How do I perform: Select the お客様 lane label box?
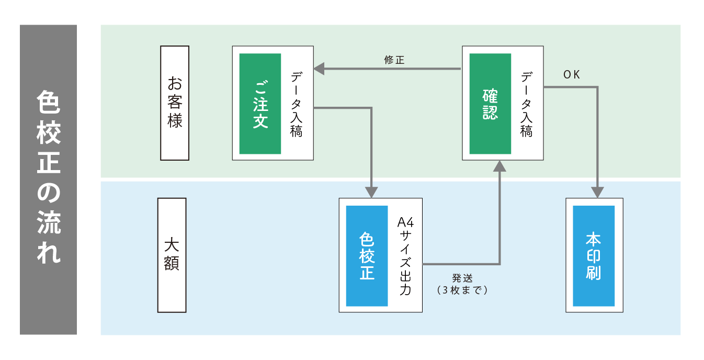click(x=175, y=103)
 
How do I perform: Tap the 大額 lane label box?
click(x=172, y=255)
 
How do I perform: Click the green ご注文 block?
click(x=260, y=104)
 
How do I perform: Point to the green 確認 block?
click(x=490, y=104)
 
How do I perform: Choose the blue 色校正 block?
click(x=367, y=256)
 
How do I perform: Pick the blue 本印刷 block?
click(x=594, y=256)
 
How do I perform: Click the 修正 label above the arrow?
click(x=394, y=60)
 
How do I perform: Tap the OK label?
click(x=572, y=75)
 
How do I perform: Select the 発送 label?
click(x=462, y=278)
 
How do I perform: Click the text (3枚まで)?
click(x=462, y=289)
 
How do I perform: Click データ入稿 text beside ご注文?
click(x=297, y=104)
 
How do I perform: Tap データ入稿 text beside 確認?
click(x=526, y=104)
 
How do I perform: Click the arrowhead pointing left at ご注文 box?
click(x=319, y=69)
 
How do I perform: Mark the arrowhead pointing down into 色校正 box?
click(x=371, y=192)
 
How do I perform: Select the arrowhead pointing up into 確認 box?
click(x=499, y=166)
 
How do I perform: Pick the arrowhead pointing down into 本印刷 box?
click(x=597, y=192)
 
